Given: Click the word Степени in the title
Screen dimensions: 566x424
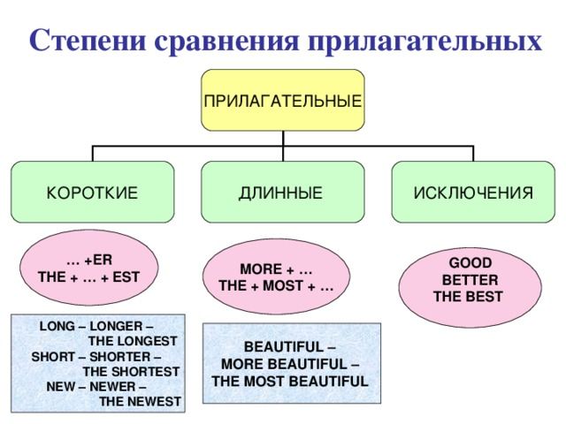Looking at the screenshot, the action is [x=88, y=40].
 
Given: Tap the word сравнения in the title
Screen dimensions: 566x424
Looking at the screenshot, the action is [x=227, y=42].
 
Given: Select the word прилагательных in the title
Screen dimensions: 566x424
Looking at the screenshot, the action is [x=424, y=42].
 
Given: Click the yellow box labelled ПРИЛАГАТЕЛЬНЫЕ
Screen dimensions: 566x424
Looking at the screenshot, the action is [x=283, y=100].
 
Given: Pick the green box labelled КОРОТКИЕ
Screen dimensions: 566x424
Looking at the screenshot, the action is [x=92, y=192].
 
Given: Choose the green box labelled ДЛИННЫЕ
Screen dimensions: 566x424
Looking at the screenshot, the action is [x=283, y=192].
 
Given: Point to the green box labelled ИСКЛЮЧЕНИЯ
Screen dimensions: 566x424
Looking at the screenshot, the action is [x=473, y=192].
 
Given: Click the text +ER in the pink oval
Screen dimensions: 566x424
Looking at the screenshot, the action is [x=98, y=260].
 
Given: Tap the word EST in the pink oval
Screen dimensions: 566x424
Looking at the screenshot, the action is [x=126, y=277].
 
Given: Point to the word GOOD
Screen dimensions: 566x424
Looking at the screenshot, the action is [x=470, y=263].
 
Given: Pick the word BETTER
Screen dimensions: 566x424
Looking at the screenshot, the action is [x=470, y=280].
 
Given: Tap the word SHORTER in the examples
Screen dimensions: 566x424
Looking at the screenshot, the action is [x=120, y=357].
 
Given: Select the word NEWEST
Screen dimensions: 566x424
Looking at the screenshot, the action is [x=155, y=402].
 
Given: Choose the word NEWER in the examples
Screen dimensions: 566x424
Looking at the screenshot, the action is [x=112, y=387].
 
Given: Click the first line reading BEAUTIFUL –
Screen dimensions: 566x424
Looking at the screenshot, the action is [x=290, y=347].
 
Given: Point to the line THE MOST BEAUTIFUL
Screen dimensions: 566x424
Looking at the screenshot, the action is [x=290, y=381].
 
